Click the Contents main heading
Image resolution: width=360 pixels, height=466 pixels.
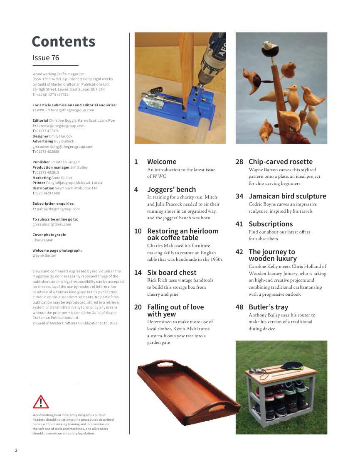pos(63,42)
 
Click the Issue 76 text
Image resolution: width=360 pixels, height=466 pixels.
pos(46,58)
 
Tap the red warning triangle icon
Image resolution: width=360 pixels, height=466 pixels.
pos(41,402)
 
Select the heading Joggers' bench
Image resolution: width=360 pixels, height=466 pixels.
pos(171,189)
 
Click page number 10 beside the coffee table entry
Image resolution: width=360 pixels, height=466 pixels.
pos(138,231)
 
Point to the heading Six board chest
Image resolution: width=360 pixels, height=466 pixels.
pos(172,272)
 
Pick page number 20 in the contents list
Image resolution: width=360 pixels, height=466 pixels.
pos(138,307)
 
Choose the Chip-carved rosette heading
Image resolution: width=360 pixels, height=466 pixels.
pos(280,162)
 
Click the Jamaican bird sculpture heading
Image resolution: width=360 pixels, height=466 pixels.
pos(287,196)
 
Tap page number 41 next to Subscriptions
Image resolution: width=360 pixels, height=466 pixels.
pos(239,224)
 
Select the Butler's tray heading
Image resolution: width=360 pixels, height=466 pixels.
pos(268,307)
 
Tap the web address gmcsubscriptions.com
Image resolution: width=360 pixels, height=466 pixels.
pos(52,224)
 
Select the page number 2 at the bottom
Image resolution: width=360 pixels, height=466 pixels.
pos(16,450)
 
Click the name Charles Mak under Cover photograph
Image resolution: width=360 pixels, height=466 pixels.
pos(43,240)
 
